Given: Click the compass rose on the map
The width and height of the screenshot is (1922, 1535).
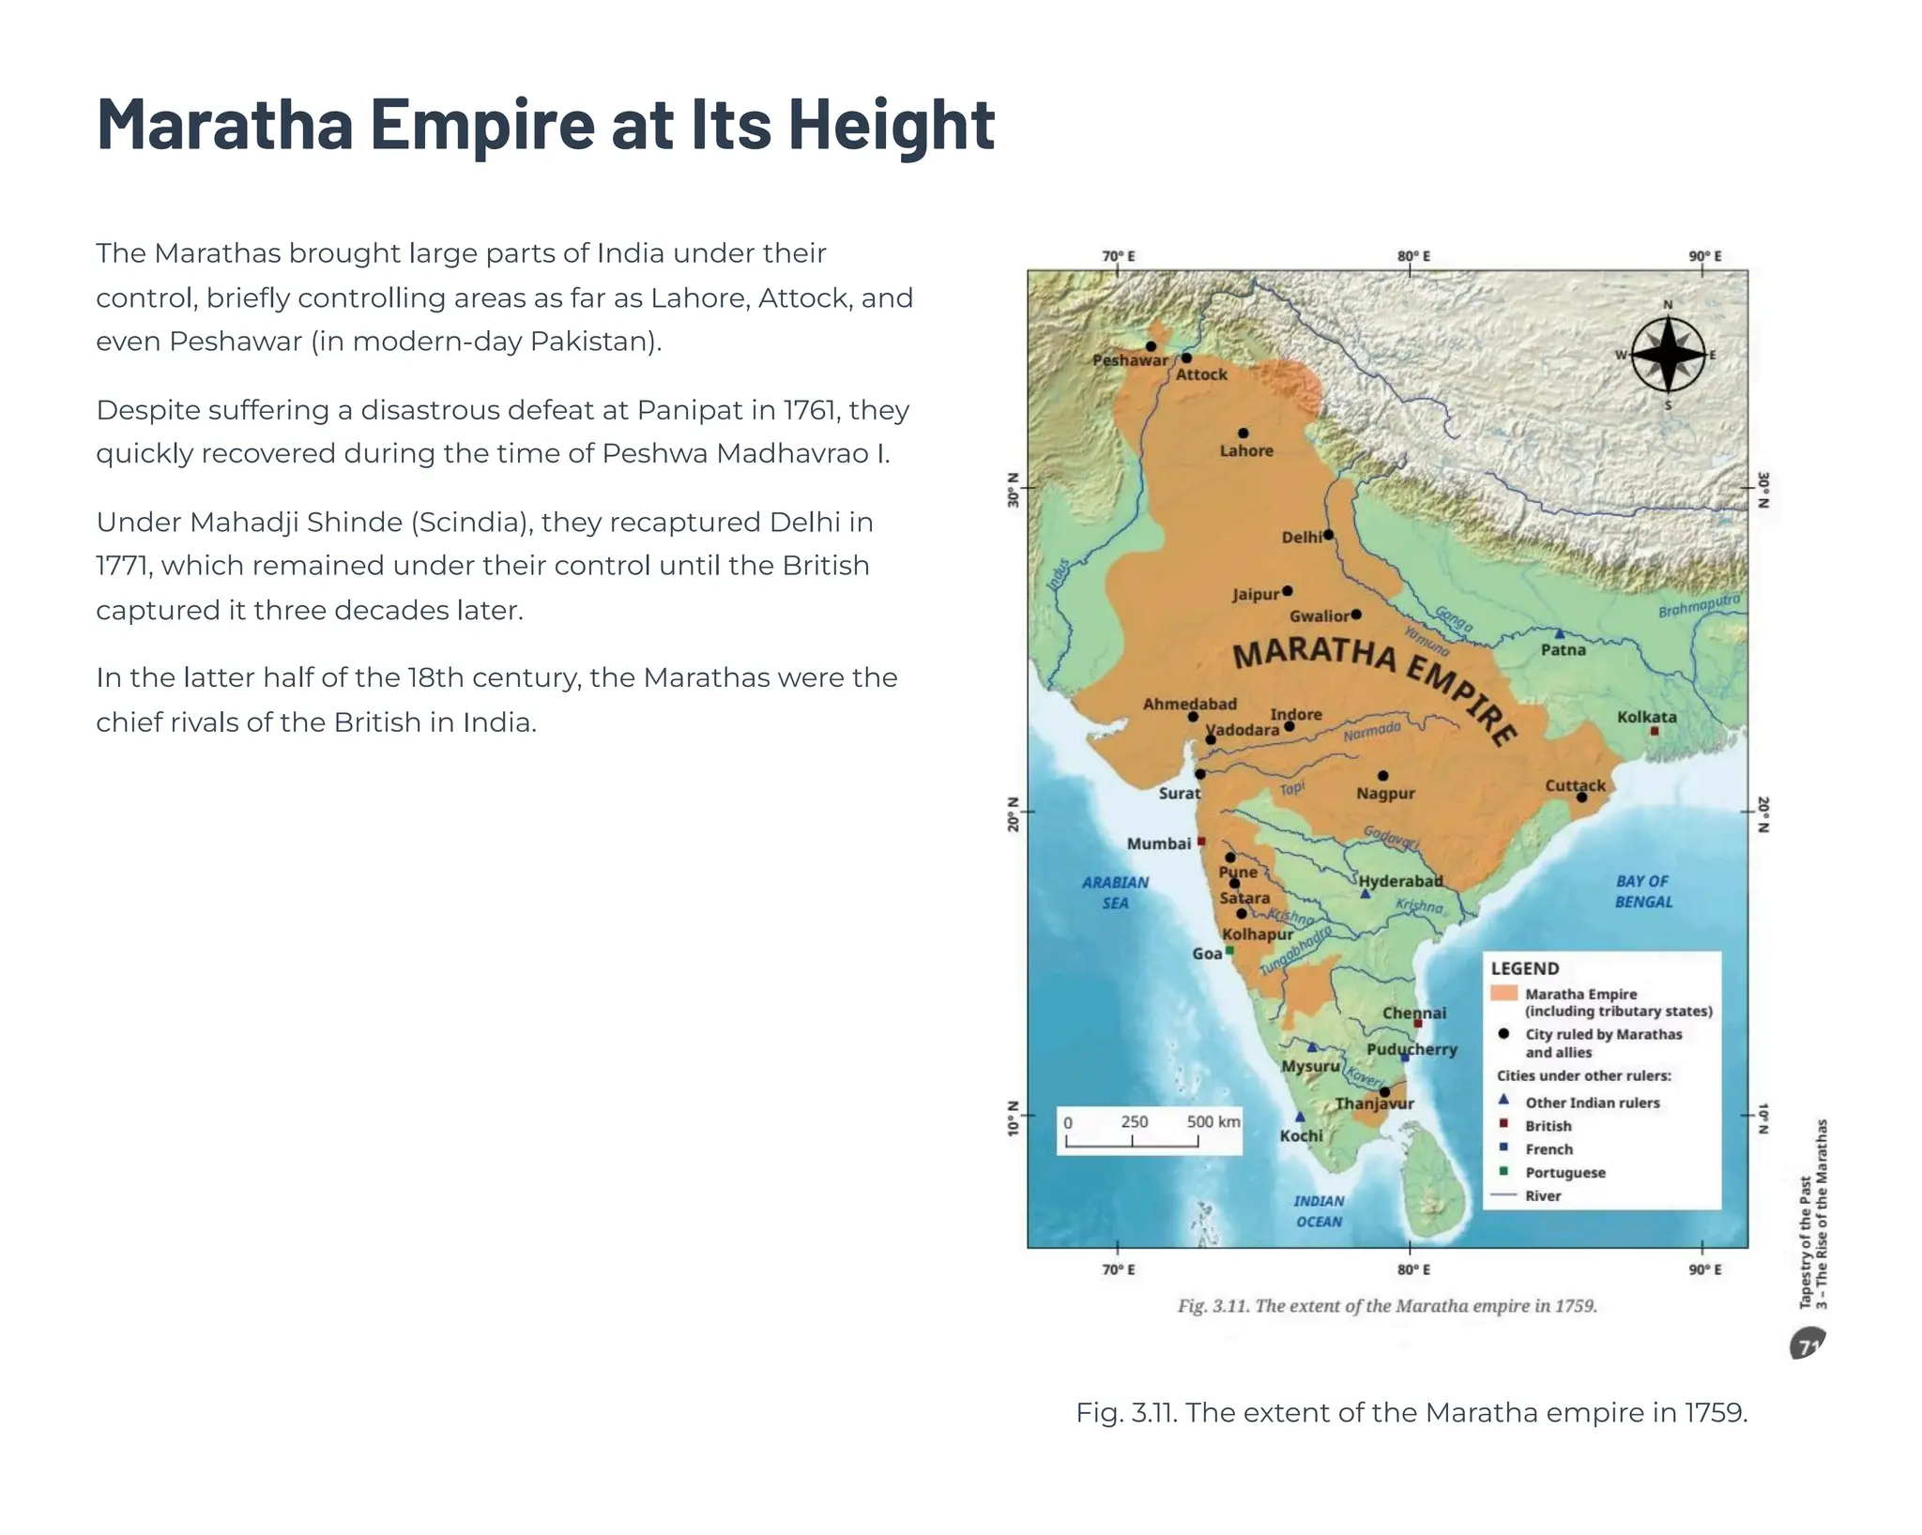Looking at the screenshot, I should pyautogui.click(x=1668, y=355).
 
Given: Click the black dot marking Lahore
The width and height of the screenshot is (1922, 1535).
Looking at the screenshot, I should pyautogui.click(x=1243, y=433).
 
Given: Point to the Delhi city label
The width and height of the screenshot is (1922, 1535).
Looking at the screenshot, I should pyautogui.click(x=1302, y=538).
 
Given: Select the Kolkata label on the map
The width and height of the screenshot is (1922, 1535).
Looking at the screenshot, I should pyautogui.click(x=1646, y=717).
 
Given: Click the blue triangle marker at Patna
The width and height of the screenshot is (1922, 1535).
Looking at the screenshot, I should pyautogui.click(x=1560, y=634).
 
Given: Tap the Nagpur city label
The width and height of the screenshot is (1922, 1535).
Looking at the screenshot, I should pyautogui.click(x=1385, y=794).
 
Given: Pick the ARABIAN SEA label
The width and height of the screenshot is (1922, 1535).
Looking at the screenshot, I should pyautogui.click(x=1115, y=892).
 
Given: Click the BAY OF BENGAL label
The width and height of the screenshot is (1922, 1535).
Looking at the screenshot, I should pyautogui.click(x=1642, y=891).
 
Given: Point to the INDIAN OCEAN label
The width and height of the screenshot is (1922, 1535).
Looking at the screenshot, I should pyautogui.click(x=1319, y=1211).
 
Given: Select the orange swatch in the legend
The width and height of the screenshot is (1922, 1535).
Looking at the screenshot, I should pyautogui.click(x=1503, y=994).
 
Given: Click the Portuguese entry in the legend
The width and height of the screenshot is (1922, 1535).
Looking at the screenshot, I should pyautogui.click(x=1564, y=1173).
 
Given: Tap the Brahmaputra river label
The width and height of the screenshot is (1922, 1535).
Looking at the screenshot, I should pyautogui.click(x=1698, y=606).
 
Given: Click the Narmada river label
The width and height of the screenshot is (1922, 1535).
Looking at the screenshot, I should pyautogui.click(x=1371, y=732).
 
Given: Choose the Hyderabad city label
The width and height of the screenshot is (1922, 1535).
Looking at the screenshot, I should pyautogui.click(x=1400, y=881).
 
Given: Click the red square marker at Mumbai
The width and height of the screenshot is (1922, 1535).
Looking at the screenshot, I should pyautogui.click(x=1201, y=842).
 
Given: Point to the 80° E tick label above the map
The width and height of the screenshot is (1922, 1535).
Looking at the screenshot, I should pyautogui.click(x=1413, y=256).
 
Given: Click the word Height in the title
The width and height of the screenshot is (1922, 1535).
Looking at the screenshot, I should pyautogui.click(x=891, y=124).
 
